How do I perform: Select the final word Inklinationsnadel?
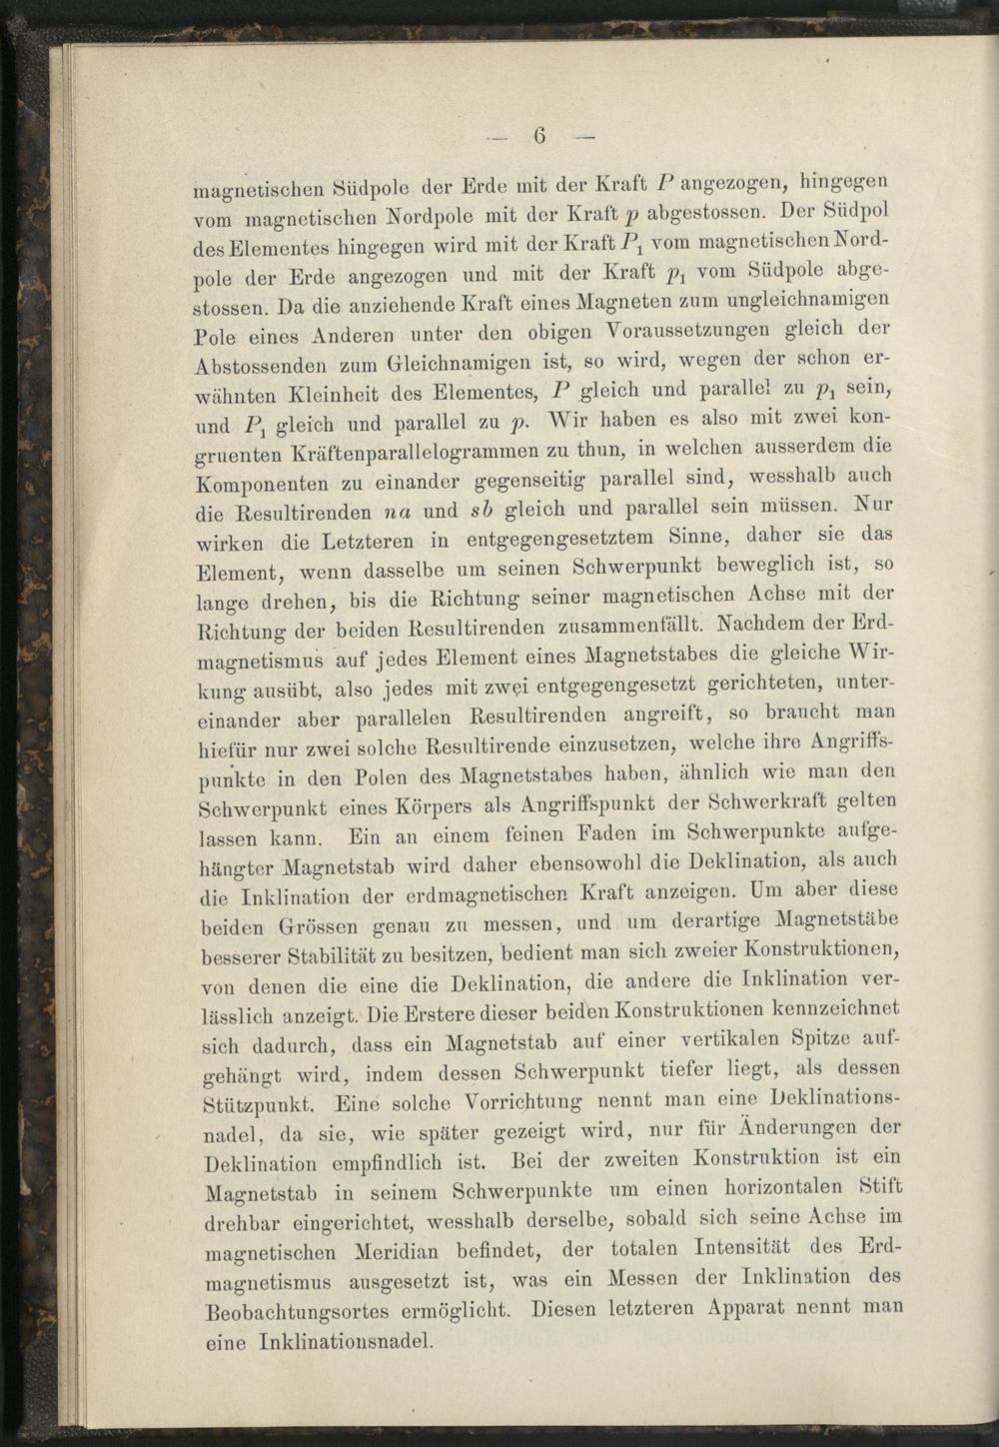pyautogui.click(x=346, y=1341)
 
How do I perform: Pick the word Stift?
pyautogui.click(x=881, y=1186)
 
